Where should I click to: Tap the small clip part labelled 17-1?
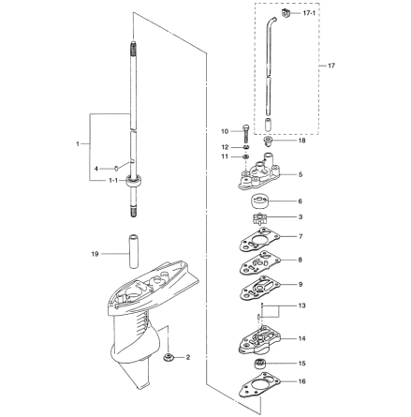pos(286,13)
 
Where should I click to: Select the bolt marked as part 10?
pos(246,133)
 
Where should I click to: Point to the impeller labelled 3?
pos(259,217)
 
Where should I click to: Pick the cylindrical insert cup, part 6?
pos(259,201)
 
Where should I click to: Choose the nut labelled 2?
pos(168,357)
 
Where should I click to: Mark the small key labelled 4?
pos(116,169)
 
